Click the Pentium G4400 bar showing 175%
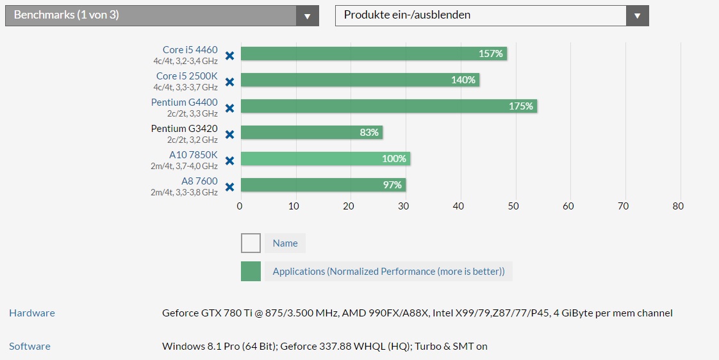(389, 106)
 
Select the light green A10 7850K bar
(326, 159)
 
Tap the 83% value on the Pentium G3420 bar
(369, 133)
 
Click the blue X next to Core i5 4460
(229, 56)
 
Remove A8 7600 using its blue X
(229, 187)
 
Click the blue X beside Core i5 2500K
(229, 81)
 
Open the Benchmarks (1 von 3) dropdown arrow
(307, 16)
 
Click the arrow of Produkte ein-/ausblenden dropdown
(638, 16)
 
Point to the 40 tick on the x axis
(459, 206)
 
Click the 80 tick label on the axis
(678, 206)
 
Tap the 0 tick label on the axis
(240, 206)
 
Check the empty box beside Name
(251, 243)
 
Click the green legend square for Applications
(251, 272)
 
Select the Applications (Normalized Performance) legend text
(389, 272)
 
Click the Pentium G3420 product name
(185, 128)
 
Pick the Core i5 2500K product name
(187, 76)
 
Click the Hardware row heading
(32, 313)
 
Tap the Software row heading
(30, 347)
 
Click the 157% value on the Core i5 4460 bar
(491, 54)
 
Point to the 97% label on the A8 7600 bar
(393, 185)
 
